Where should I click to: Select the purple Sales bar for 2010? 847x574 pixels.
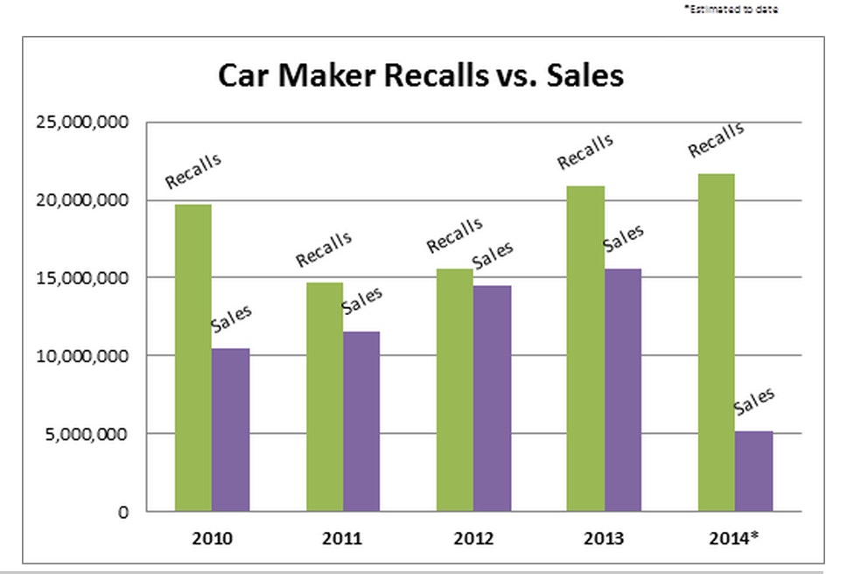coord(230,430)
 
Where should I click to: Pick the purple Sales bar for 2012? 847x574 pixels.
coord(492,398)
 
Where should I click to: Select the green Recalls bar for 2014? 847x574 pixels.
coord(716,342)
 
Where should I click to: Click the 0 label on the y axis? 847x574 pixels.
coord(124,513)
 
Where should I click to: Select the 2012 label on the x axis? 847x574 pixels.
coord(473,537)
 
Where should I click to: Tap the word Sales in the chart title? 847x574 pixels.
coord(584,76)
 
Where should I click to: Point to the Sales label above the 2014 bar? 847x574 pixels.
coord(754,402)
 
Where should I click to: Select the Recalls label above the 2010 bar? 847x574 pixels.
coord(193,171)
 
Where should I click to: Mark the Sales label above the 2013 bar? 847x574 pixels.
coord(623,239)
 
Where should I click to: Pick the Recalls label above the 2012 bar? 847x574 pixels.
coord(454,235)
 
